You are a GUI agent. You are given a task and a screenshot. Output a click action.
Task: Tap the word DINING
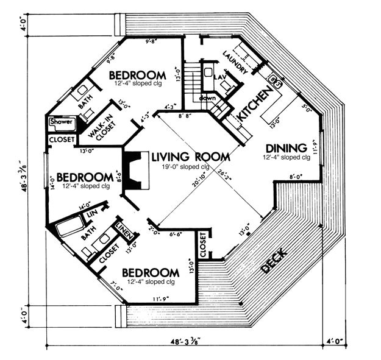pos(285,147)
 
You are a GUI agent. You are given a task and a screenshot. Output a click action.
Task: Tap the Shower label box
pos(61,122)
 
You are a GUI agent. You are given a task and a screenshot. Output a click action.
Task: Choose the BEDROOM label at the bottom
pos(151,272)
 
